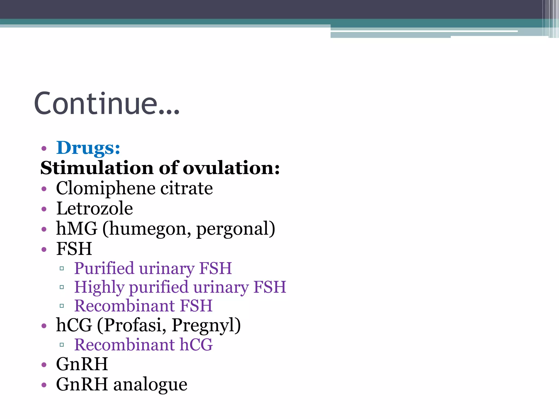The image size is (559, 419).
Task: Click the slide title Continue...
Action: coord(106,104)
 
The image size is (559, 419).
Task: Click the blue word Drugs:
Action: coord(88,148)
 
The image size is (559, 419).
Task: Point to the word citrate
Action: coord(186,188)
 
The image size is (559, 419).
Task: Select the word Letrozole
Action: coord(94,208)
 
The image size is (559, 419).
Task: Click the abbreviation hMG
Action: coord(77,228)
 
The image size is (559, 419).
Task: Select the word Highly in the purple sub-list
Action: coord(99,287)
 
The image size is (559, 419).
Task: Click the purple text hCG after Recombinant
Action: coord(196,345)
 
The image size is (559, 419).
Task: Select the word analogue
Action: coord(150,385)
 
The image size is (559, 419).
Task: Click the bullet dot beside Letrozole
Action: coord(44,209)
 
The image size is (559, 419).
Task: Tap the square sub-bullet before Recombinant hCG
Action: coord(62,345)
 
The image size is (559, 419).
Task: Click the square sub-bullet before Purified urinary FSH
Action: coord(62,269)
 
